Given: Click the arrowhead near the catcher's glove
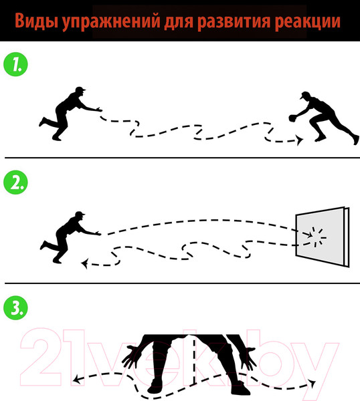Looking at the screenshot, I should tap(300, 140).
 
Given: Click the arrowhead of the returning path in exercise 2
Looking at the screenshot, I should tap(85, 263).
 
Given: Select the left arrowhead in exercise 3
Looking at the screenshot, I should tap(76, 381).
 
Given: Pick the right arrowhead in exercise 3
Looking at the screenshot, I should tap(312, 383).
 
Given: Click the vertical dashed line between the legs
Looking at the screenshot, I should tap(193, 361).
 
